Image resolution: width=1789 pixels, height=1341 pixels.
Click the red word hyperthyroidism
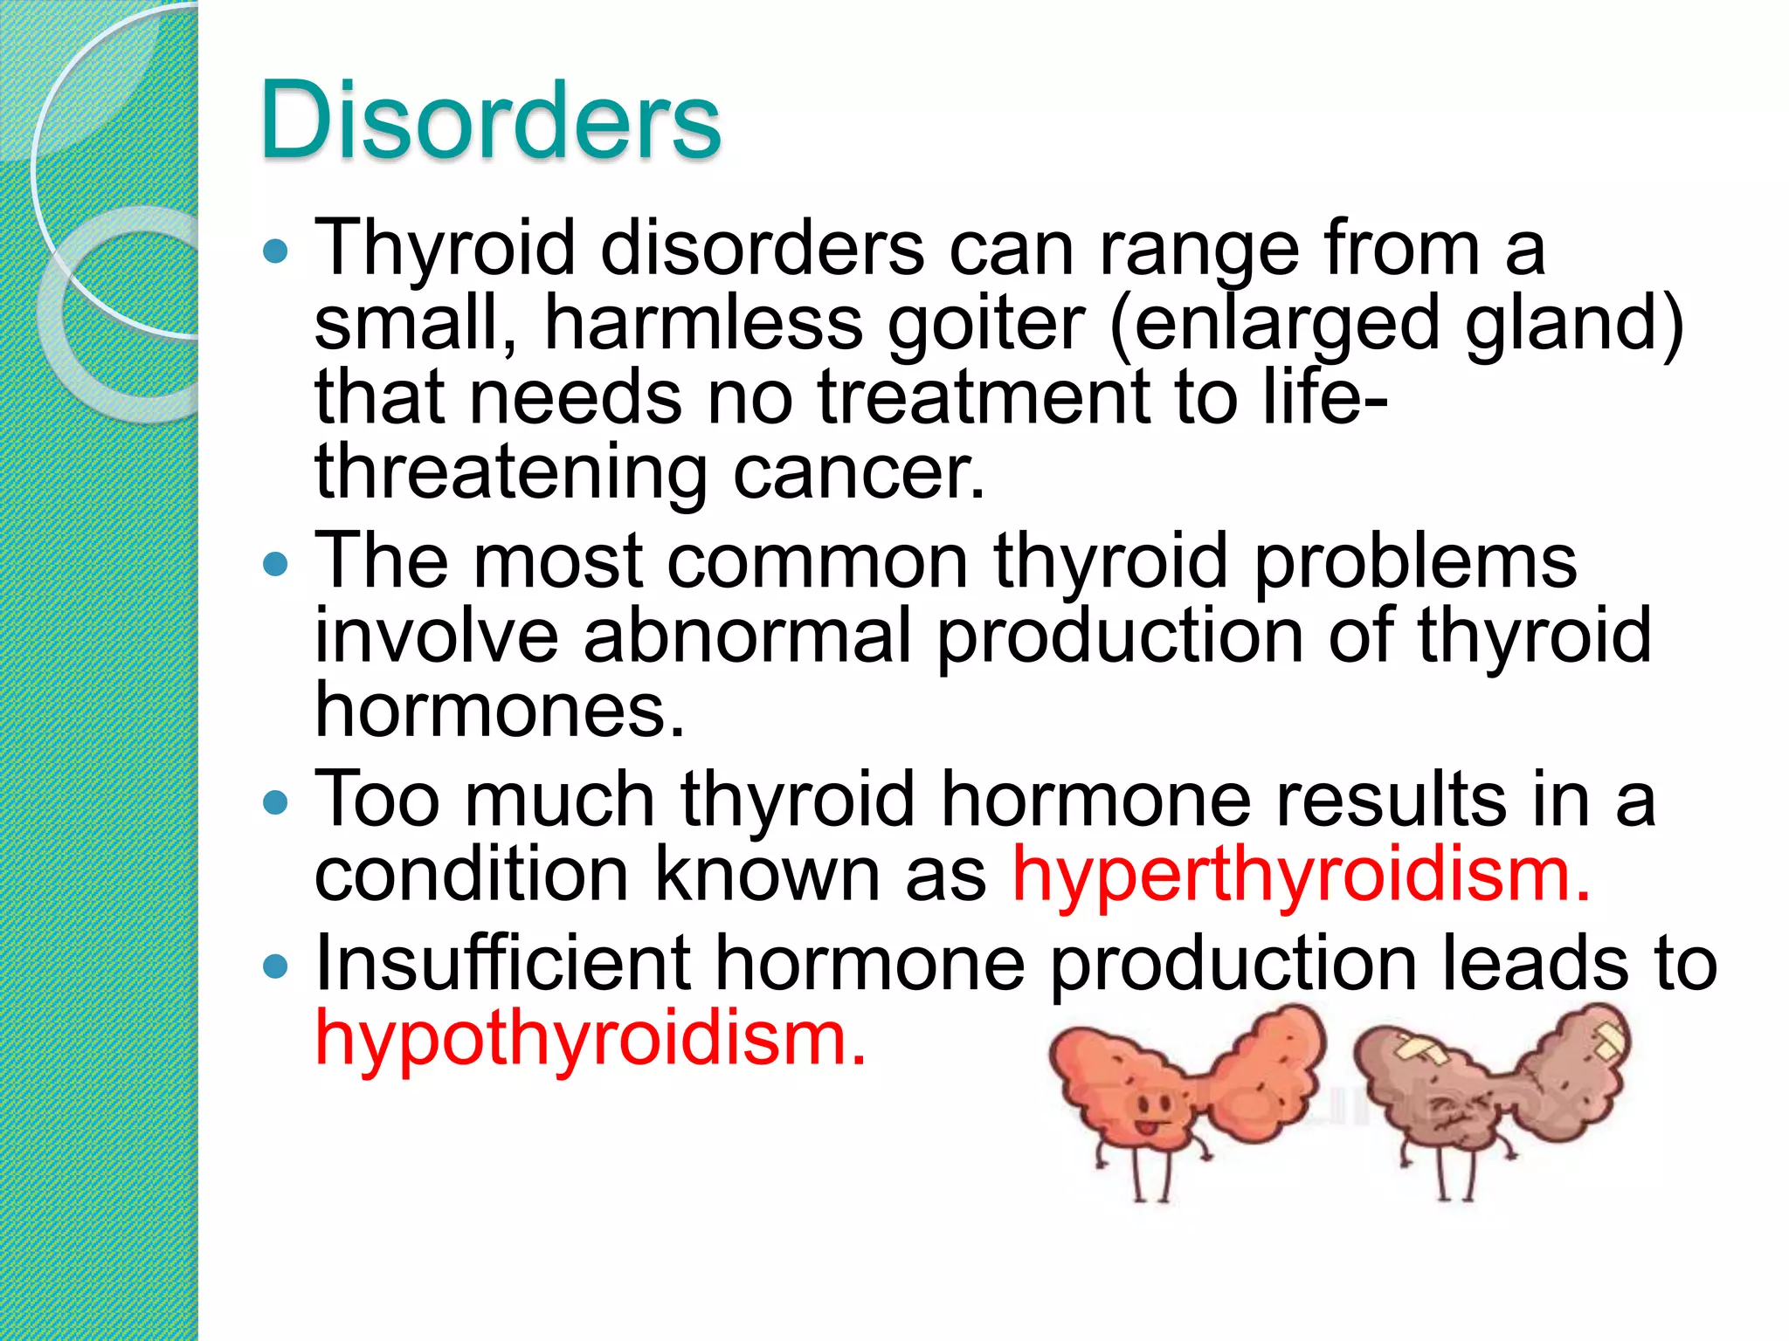pyautogui.click(x=1301, y=875)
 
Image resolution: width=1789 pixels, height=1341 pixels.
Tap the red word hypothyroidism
pyautogui.click(x=591, y=1039)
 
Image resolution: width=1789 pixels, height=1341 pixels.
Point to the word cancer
pyautogui.click(x=859, y=472)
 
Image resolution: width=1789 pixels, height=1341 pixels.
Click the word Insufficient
pyautogui.click(x=503, y=964)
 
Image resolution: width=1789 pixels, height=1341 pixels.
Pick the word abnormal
pyautogui.click(x=747, y=636)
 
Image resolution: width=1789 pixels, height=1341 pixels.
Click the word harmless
pyautogui.click(x=704, y=324)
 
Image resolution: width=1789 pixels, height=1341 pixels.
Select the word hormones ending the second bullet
pyautogui.click(x=500, y=710)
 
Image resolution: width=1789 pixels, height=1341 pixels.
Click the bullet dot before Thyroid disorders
pyautogui.click(x=275, y=251)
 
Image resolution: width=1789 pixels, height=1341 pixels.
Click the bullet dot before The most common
pyautogui.click(x=275, y=564)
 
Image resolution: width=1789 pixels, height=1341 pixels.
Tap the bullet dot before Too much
pyautogui.click(x=275, y=801)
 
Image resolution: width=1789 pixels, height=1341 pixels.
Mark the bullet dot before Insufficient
pyautogui.click(x=275, y=966)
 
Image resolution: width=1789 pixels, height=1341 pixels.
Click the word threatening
pyautogui.click(x=511, y=472)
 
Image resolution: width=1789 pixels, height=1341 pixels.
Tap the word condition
pyautogui.click(x=471, y=875)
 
